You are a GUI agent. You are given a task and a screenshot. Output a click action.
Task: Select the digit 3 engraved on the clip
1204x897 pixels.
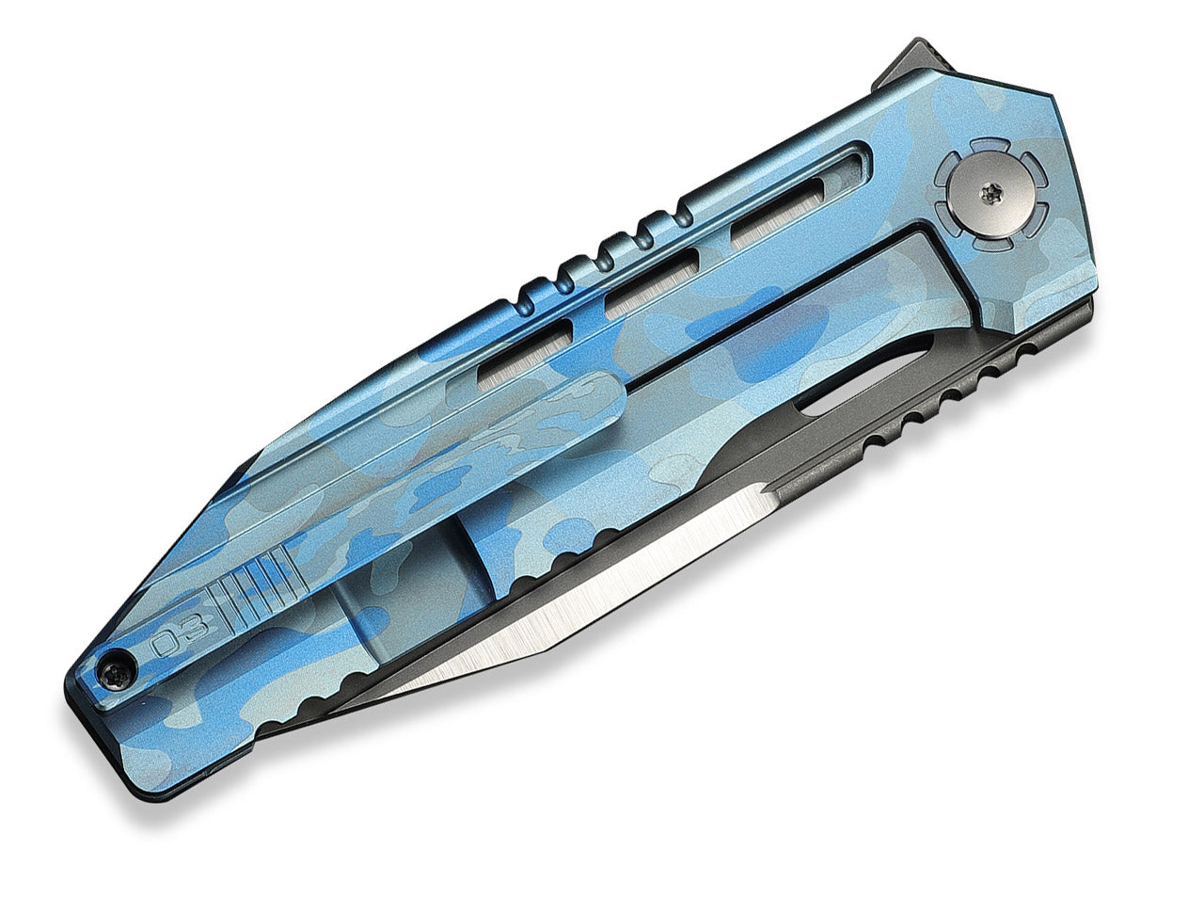click(x=195, y=627)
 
